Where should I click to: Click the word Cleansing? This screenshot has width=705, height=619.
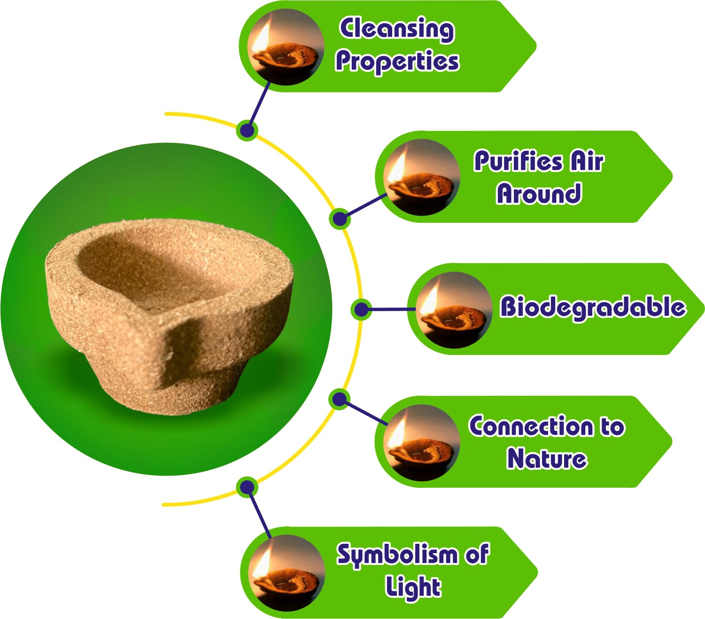(x=397, y=29)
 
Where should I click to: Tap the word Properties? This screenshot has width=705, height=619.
(x=397, y=62)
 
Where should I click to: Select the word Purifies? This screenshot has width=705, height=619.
(x=518, y=161)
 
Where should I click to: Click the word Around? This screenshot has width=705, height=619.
(x=539, y=194)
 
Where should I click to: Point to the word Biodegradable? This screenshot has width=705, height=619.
(x=592, y=307)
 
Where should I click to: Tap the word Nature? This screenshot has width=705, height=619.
(x=547, y=459)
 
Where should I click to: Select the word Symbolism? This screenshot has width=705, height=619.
(x=397, y=555)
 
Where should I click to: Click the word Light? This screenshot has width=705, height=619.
(x=413, y=587)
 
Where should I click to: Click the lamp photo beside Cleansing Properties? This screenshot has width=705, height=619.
(x=286, y=47)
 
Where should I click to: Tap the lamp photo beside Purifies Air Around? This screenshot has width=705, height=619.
(x=421, y=177)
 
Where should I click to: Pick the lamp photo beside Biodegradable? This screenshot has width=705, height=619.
(x=454, y=310)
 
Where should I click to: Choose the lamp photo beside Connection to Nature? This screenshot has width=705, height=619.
(x=421, y=442)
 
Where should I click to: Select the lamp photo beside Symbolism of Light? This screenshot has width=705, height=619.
(x=287, y=573)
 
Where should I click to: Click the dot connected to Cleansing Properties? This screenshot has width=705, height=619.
(x=248, y=130)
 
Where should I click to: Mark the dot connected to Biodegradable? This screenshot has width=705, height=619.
(x=361, y=309)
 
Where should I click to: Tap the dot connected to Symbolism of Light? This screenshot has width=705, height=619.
(x=247, y=487)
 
